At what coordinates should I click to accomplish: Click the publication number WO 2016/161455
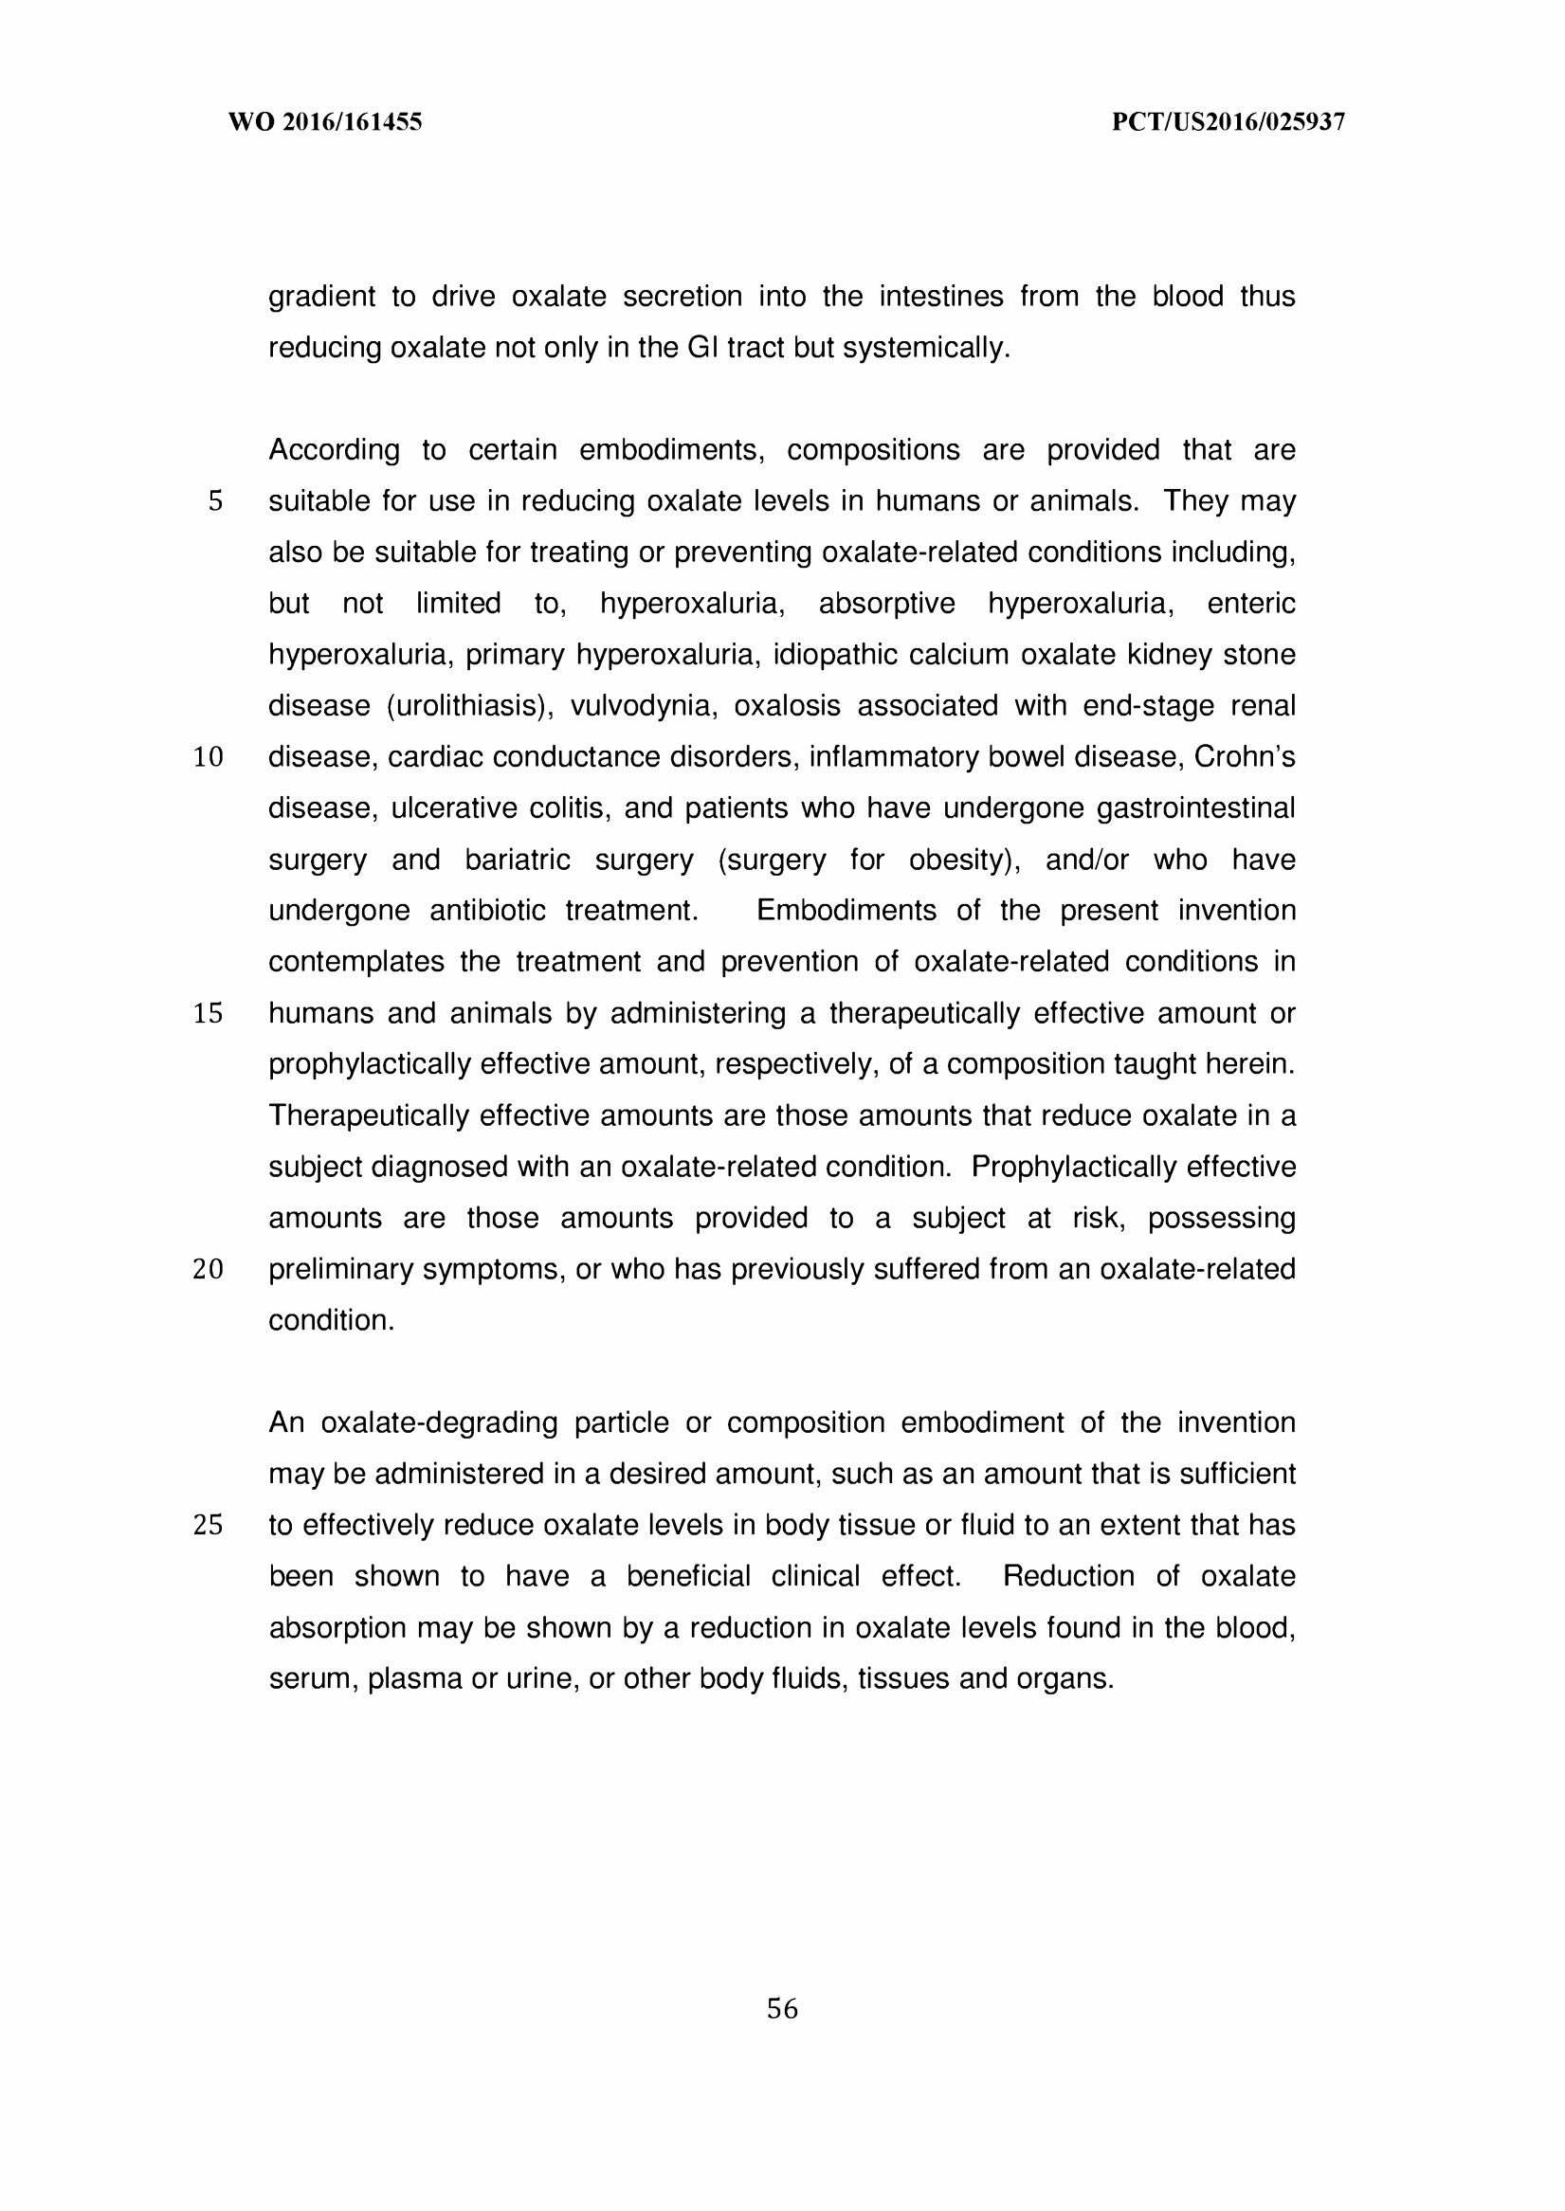pyautogui.click(x=325, y=122)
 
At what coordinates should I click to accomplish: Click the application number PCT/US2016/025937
pyautogui.click(x=1228, y=122)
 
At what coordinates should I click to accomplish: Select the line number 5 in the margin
pyautogui.click(x=215, y=502)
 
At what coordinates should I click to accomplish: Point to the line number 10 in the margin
pyautogui.click(x=209, y=758)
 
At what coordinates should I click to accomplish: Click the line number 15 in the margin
pyautogui.click(x=209, y=1013)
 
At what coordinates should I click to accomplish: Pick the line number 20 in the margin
pyautogui.click(x=209, y=1270)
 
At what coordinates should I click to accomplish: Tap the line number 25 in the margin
pyautogui.click(x=209, y=1525)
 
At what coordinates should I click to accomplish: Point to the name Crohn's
pyautogui.click(x=1244, y=757)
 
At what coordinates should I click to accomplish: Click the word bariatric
pyautogui.click(x=518, y=860)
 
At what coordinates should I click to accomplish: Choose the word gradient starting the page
pyautogui.click(x=322, y=297)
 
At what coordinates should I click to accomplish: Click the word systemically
pyautogui.click(x=926, y=348)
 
